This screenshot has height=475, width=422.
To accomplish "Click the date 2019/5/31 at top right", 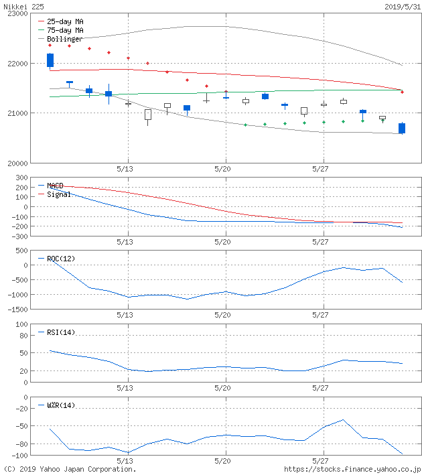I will (x=402, y=6).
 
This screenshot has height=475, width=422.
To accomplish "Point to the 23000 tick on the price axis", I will (x=17, y=13).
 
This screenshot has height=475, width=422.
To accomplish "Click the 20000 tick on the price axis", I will (x=17, y=163).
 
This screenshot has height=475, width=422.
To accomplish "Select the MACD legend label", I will (x=55, y=186).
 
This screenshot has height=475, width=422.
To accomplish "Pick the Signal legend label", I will (x=58, y=194).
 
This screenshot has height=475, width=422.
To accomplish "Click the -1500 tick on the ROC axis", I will (x=17, y=310).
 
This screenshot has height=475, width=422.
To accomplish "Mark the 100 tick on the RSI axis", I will (x=21, y=325).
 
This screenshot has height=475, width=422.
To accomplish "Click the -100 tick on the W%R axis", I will (x=19, y=456).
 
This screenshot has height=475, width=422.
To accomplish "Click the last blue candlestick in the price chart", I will (x=402, y=128).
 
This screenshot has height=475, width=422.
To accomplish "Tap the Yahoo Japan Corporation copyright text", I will (x=70, y=469).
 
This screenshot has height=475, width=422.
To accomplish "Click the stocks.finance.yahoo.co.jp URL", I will (x=352, y=469).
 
